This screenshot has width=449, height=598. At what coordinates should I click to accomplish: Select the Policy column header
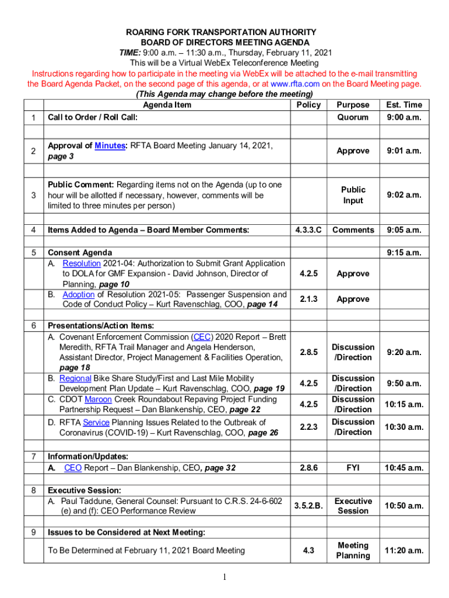pos(308,105)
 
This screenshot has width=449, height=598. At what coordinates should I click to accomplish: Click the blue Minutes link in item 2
pos(110,145)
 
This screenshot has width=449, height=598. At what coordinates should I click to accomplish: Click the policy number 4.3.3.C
pos(308,230)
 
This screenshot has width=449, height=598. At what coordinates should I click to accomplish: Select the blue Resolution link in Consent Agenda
pos(82,263)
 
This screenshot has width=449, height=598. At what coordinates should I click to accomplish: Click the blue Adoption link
pos(78,294)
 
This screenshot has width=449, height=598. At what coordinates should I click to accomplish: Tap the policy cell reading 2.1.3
pos(308,299)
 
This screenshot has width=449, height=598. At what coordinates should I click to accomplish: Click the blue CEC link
pos(202,337)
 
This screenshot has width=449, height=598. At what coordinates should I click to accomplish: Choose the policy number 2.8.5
pos(308,352)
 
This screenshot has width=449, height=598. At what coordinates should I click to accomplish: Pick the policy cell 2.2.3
pos(308,427)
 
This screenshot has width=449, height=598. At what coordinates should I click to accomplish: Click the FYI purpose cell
pos(353,468)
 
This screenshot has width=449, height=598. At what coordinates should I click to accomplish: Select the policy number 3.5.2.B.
pos(308,506)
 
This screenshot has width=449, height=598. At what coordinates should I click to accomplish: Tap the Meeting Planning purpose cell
pos(353,550)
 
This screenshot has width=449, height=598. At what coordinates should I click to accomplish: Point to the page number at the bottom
pos(224,578)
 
